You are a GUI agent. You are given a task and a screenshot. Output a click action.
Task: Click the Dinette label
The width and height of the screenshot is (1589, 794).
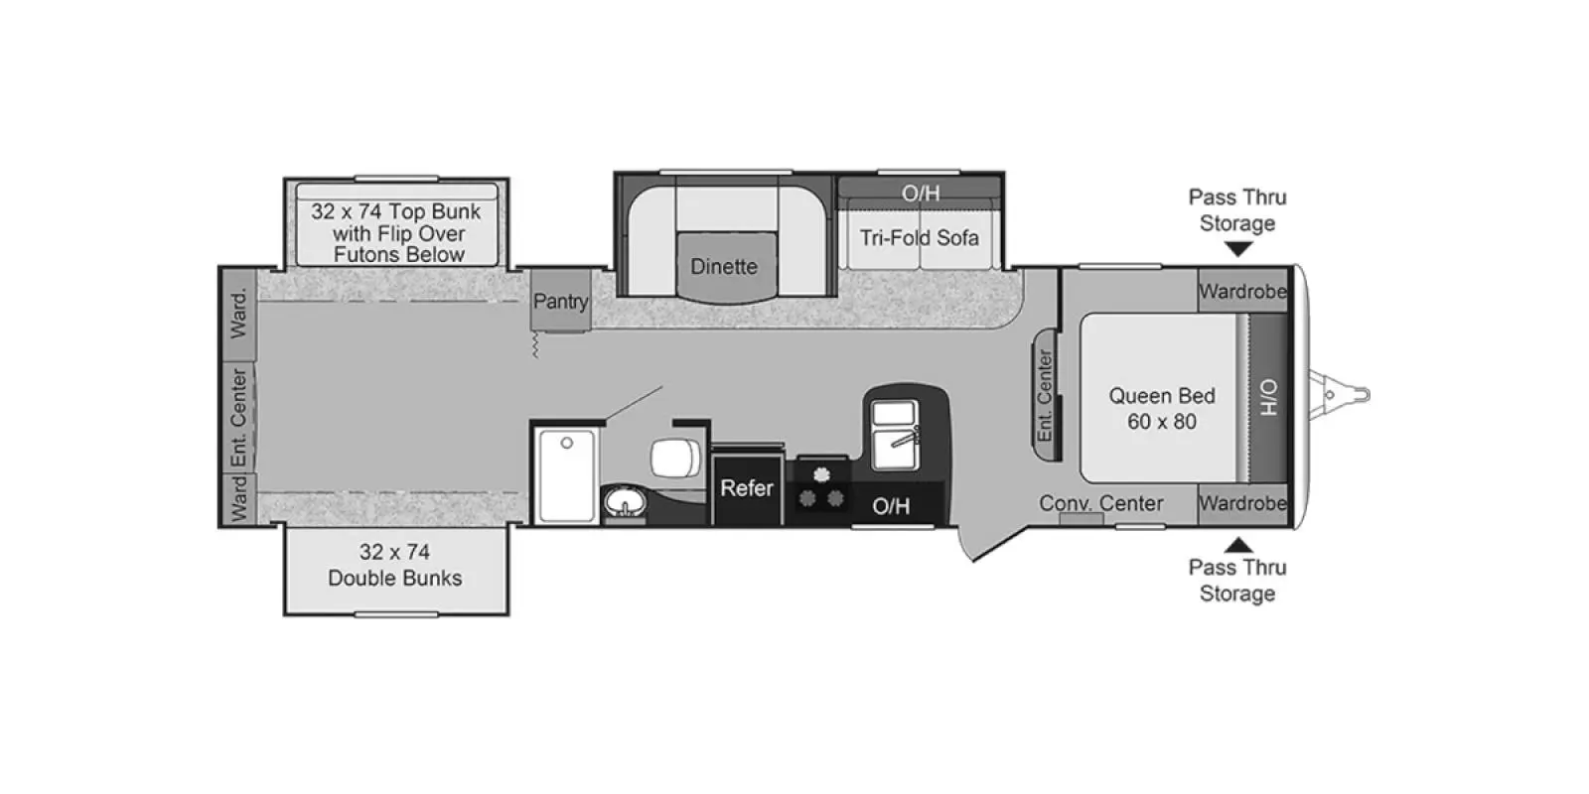[724, 267]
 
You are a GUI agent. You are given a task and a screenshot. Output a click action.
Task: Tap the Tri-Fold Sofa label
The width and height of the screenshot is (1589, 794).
[920, 237]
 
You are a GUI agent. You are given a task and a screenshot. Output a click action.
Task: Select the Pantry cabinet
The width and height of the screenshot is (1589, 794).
[561, 300]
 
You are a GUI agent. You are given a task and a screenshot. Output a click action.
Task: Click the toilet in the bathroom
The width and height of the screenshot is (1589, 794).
[674, 458]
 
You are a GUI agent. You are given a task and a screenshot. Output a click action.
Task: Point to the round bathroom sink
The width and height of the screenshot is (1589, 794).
[625, 502]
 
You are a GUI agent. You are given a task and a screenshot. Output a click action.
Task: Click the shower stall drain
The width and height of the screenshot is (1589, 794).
[567, 443]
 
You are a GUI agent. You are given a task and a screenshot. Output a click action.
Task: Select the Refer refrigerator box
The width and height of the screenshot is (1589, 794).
[747, 487]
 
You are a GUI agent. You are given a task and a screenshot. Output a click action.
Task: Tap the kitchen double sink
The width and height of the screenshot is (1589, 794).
[895, 434]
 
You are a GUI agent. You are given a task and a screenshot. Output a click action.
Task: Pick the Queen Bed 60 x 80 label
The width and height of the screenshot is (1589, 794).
[1162, 408]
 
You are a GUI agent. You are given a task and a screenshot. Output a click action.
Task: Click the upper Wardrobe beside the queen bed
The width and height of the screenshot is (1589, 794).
[1242, 291]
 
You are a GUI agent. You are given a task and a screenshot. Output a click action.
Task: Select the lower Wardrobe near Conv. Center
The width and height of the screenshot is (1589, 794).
[1242, 503]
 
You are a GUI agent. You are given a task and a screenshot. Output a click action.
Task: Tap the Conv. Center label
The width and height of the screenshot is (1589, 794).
[1101, 503]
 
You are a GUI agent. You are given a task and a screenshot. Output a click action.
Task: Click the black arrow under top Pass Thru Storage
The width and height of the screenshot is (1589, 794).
[1238, 249]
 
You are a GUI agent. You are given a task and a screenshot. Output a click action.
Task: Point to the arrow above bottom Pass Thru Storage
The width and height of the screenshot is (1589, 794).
[1238, 545]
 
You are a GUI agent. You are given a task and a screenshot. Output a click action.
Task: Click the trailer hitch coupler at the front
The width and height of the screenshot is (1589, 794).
[1341, 395]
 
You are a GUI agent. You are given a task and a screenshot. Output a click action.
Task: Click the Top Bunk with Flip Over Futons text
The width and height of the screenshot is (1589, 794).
[397, 232]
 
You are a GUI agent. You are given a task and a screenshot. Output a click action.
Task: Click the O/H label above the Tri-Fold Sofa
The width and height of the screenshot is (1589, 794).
[921, 193]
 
